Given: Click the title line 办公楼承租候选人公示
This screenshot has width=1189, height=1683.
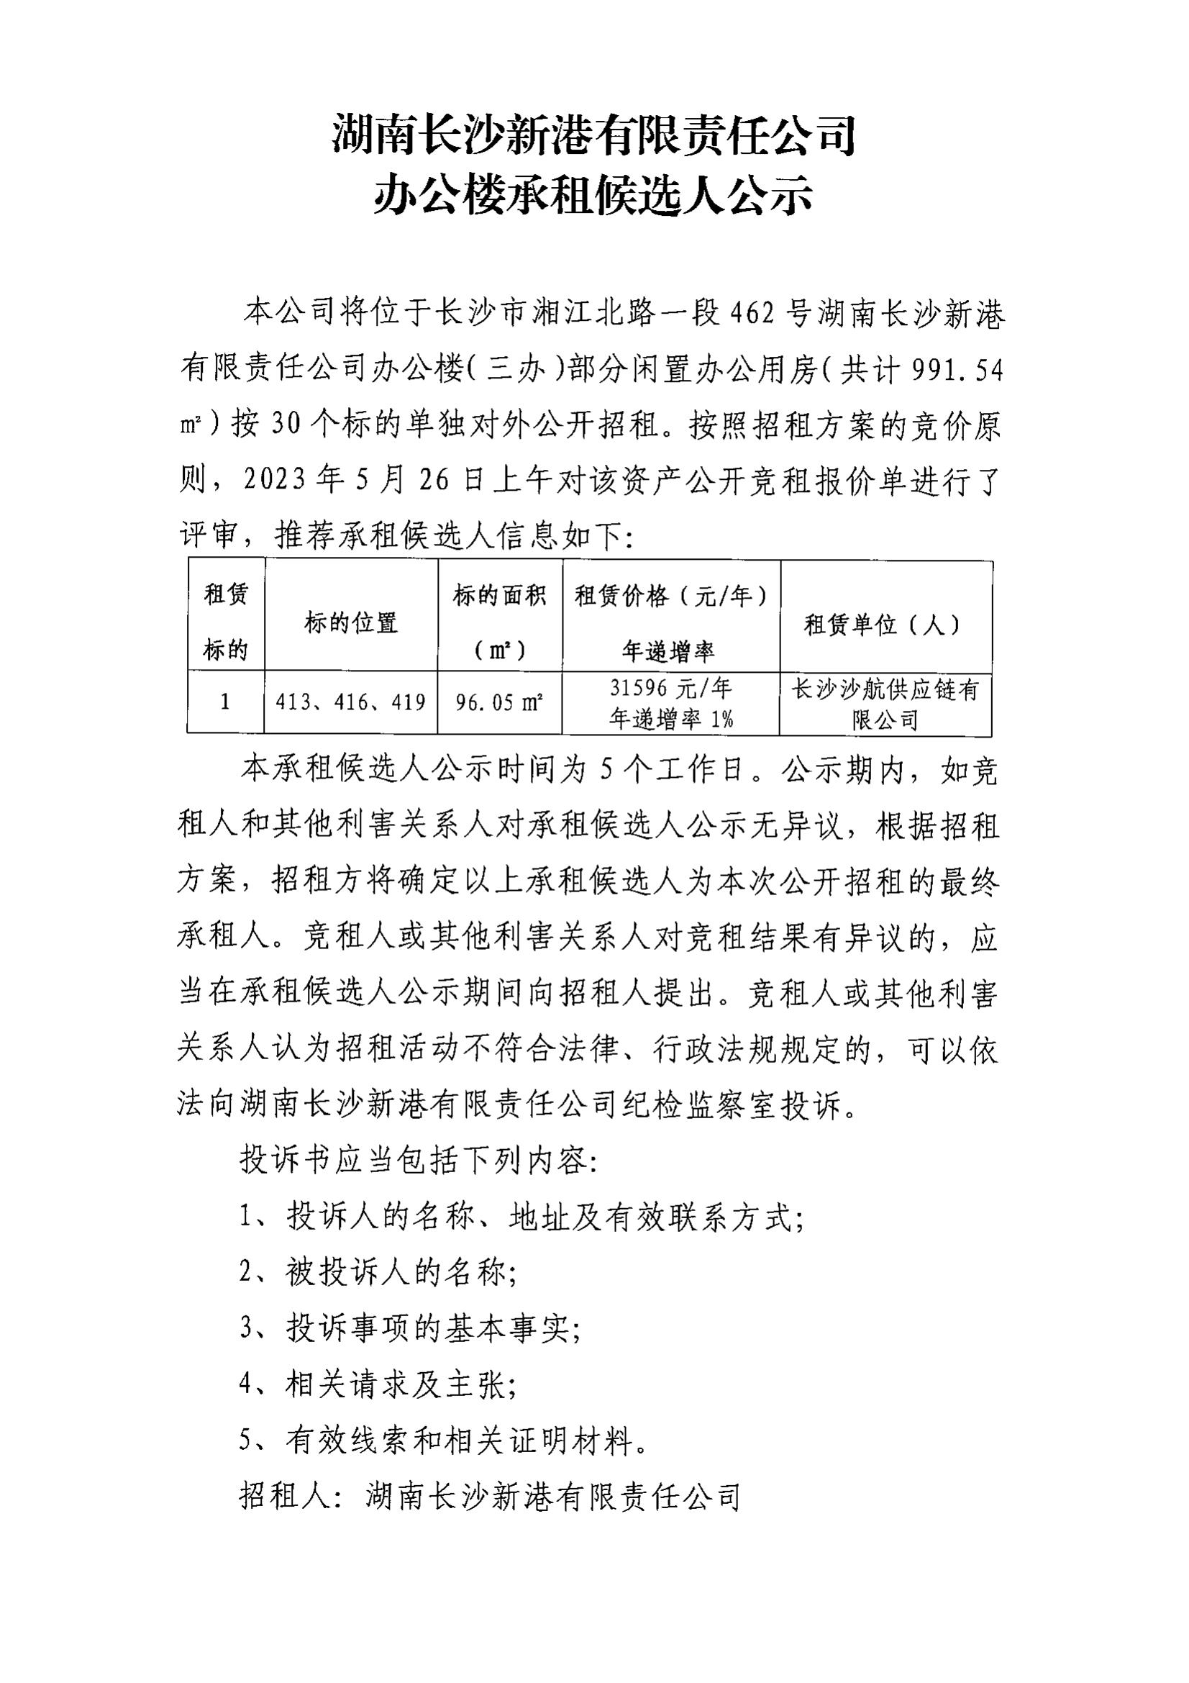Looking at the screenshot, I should point(593,196).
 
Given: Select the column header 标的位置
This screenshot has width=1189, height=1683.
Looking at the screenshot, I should point(351,624).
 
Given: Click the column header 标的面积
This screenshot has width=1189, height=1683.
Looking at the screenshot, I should point(500,596).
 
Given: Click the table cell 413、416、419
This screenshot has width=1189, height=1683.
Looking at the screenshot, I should point(351,702).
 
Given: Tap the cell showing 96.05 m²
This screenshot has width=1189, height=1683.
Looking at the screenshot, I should point(499,703).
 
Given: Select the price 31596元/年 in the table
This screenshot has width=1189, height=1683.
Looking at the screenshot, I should point(670,689).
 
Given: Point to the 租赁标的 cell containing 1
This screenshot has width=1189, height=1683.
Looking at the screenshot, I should point(225,702).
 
